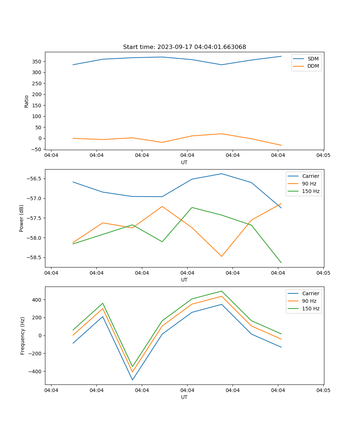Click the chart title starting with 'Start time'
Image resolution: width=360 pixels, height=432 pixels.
coord(184,47)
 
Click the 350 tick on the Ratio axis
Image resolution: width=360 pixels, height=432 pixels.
coord(37,62)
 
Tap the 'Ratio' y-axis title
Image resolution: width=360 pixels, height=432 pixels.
coord(26,101)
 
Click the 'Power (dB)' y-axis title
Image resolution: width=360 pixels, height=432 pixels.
coord(22,218)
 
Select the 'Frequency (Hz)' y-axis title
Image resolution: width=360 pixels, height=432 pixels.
coord(23,336)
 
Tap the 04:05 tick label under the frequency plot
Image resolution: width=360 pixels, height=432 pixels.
coord(323,390)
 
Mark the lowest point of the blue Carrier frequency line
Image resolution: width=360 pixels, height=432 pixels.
coord(132,380)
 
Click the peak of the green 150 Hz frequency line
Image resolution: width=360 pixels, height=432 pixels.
coord(222,291)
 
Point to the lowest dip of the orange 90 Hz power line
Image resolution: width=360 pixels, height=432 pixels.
coord(222,256)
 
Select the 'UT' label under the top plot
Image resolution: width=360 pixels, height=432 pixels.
coord(184,162)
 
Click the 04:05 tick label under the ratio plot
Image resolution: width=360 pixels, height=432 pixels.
coord(323,155)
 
